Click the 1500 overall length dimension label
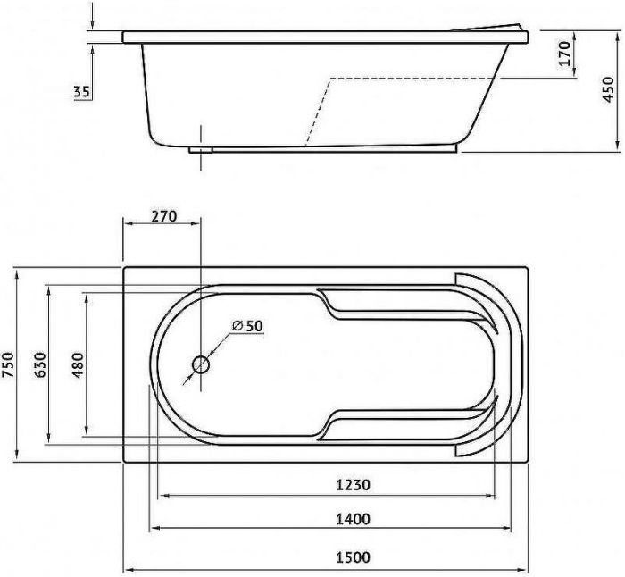pos(353,556)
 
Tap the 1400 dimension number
pos(353,519)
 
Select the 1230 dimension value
pos(353,485)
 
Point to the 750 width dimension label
pos(7,364)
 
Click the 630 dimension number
pos(40,364)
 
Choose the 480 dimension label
pos(78,365)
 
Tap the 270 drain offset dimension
pos(163,216)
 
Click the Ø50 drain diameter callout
pos(247,326)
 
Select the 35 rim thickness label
pos(82,92)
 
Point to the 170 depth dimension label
pos(564,53)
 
